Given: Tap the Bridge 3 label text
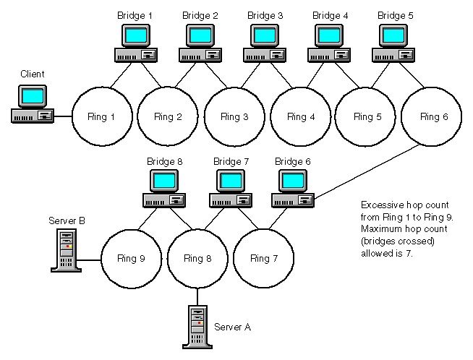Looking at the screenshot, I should click(265, 14).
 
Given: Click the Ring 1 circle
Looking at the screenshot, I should click(101, 116).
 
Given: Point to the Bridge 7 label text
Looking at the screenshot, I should click(230, 160).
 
